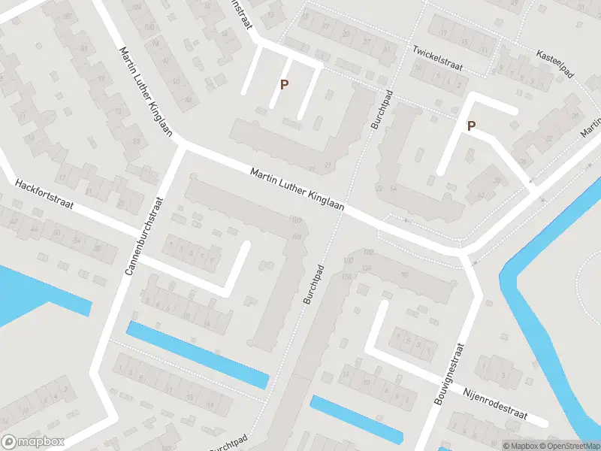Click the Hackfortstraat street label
point(44,194)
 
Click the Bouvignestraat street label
point(450,374)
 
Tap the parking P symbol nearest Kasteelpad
point(471,126)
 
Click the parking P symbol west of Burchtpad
point(284,85)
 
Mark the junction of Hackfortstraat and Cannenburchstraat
point(135,256)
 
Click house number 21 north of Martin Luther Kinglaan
point(327,165)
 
